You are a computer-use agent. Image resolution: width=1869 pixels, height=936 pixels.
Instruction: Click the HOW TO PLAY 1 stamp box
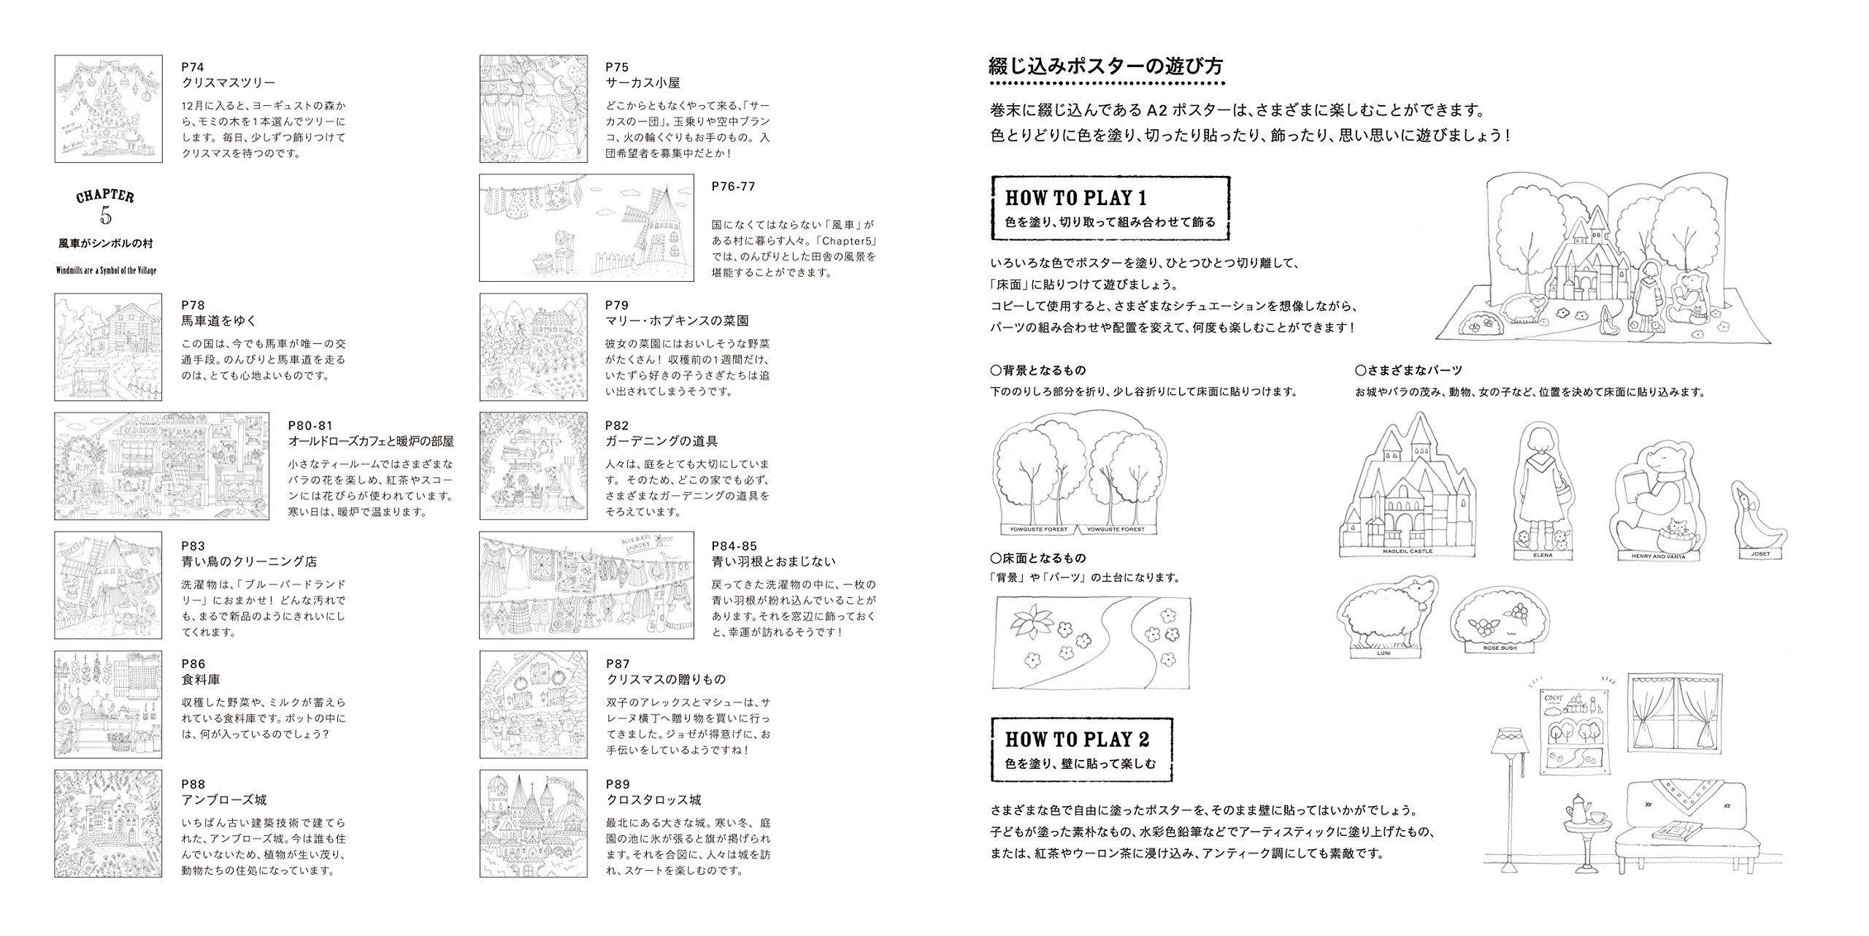coord(1110,208)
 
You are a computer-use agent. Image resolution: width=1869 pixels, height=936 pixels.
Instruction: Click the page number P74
coord(193,67)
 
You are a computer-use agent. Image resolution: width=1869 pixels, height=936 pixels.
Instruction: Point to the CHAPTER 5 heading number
coord(106,217)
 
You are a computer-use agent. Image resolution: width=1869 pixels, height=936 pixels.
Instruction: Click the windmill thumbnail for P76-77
coord(586,227)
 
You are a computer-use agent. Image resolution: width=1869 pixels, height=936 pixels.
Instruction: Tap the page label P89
coord(617,785)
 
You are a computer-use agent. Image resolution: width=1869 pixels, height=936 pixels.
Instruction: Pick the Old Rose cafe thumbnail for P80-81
coord(161,466)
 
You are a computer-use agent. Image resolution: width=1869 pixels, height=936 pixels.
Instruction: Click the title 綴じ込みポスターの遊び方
coord(1105,66)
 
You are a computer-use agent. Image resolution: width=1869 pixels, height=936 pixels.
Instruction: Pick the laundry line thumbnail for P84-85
coord(586,585)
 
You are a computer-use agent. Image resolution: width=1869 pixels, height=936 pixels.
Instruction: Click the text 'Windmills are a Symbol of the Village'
coord(107,270)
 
